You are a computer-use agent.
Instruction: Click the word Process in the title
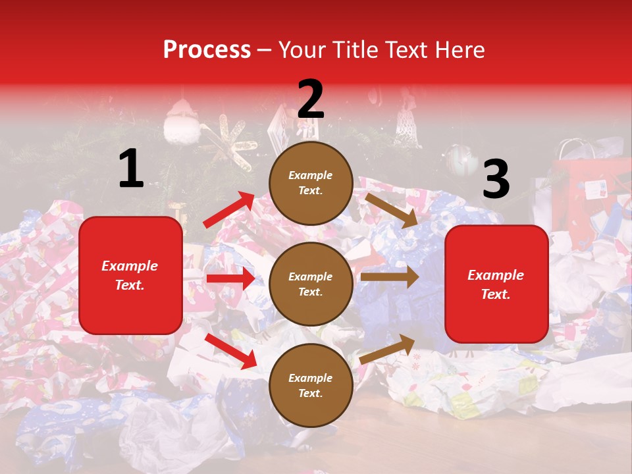coord(207,50)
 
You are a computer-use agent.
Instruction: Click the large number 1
coord(131,169)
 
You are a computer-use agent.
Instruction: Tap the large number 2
coord(310,99)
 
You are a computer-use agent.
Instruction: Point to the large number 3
coord(496,180)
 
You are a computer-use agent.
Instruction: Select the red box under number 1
coord(130,275)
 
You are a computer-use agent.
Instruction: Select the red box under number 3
coord(496,284)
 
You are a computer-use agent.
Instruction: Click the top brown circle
coord(311,183)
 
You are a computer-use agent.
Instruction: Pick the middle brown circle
coord(311,284)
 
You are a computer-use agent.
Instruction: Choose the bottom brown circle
coord(311,385)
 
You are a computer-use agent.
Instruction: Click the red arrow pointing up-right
coord(228,210)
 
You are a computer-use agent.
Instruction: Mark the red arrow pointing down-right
coord(230,351)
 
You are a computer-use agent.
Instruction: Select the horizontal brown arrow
coord(389,277)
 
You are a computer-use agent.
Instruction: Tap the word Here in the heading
coord(459,50)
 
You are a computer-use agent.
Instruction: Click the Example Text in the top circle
coord(311,183)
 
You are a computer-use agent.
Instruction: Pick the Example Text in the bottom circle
coord(311,385)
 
